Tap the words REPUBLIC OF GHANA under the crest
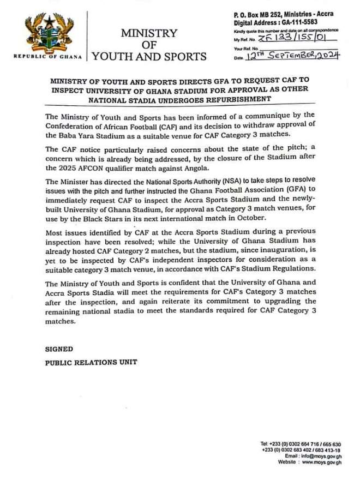pos(48,56)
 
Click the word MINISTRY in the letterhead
pos(149,33)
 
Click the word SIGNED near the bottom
pos(59,349)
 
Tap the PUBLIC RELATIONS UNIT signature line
pos(91,362)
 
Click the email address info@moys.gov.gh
pos(321,455)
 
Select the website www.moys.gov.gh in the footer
pos(322,462)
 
